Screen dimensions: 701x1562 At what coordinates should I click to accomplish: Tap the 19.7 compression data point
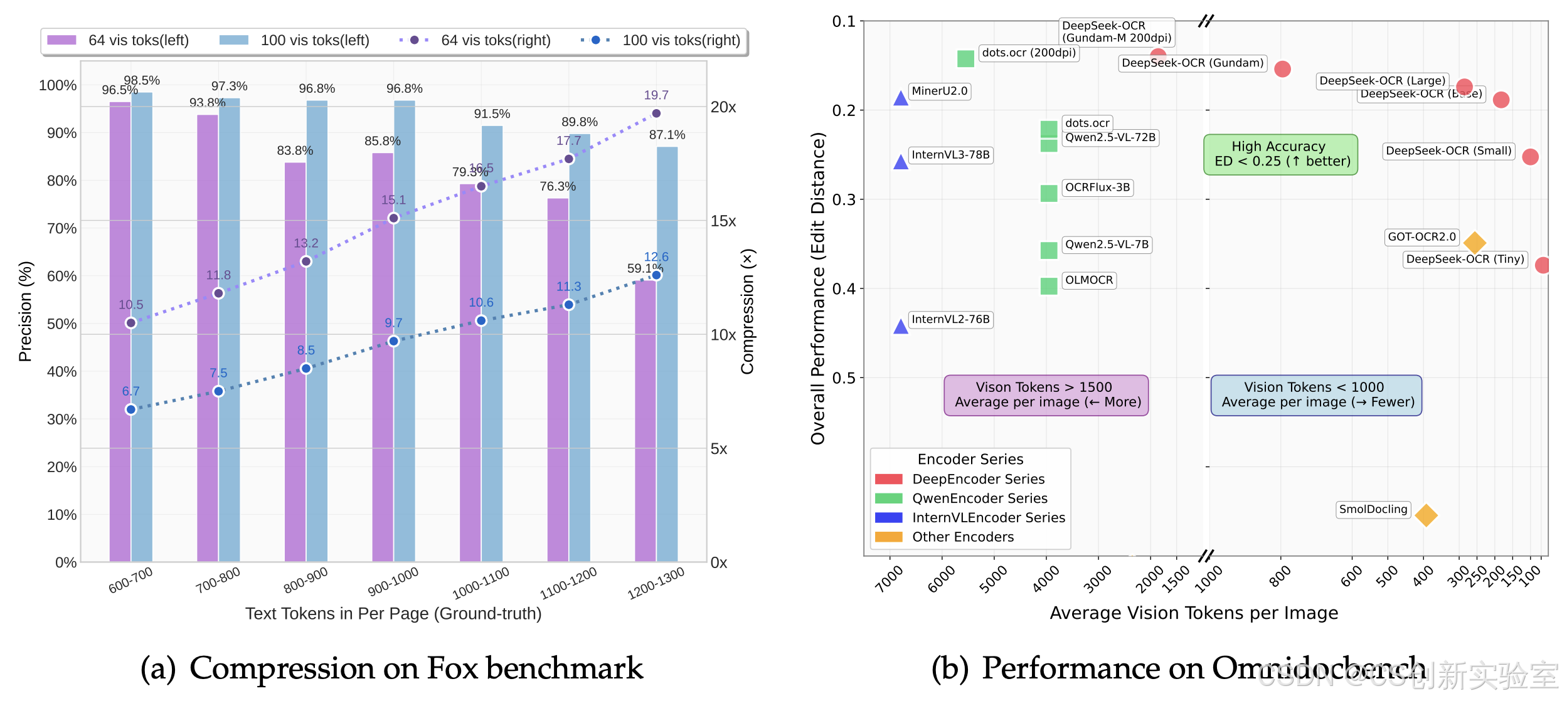point(656,113)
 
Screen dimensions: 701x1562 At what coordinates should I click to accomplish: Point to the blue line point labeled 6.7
point(130,409)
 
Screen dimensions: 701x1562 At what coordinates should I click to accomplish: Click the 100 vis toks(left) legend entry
point(294,41)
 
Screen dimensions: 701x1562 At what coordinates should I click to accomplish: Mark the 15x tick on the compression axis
point(723,221)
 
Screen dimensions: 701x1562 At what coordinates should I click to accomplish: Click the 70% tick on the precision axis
point(62,229)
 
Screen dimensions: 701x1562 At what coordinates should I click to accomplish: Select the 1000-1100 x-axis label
point(481,584)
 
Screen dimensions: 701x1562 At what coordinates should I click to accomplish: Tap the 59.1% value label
point(645,268)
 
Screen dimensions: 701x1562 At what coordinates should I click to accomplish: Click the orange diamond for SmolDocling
point(1426,515)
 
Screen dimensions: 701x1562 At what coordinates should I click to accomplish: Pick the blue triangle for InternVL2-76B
point(901,326)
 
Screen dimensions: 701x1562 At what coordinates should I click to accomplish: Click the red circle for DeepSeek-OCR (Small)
point(1530,157)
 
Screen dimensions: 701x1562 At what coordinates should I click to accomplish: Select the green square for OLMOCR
point(1049,287)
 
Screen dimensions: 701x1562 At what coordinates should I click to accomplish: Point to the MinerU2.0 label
point(939,92)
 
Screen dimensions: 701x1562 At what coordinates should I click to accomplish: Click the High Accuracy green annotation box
point(1280,154)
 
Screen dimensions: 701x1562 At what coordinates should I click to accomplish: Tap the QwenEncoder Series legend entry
point(979,498)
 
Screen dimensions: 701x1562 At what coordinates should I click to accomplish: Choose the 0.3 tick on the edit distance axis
point(843,200)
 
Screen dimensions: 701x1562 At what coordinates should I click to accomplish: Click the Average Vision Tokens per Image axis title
point(1194,613)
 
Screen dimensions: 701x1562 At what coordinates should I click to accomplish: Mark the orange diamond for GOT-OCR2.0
point(1475,242)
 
